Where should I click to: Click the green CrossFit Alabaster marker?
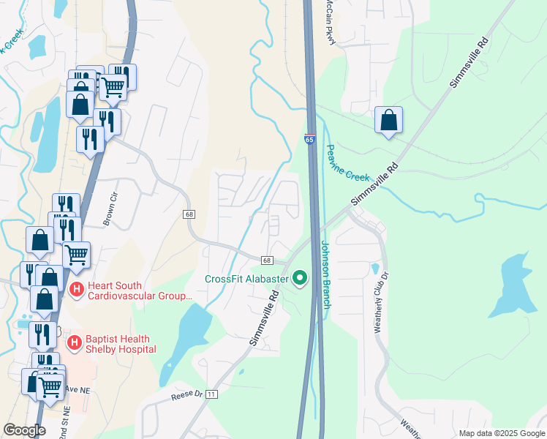[299, 278]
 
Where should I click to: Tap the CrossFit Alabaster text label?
[247, 279]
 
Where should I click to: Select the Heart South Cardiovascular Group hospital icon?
[76, 290]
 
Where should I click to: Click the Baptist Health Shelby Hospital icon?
[74, 342]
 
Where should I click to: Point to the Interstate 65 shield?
[310, 137]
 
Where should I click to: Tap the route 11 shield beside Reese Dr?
[212, 394]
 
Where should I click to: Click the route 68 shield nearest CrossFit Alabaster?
[267, 260]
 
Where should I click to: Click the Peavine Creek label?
[348, 163]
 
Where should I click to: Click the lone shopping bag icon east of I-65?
[388, 121]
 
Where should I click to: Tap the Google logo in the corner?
[24, 430]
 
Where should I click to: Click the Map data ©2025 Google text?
[501, 433]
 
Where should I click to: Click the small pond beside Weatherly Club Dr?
[375, 269]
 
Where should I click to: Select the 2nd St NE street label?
[67, 421]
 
